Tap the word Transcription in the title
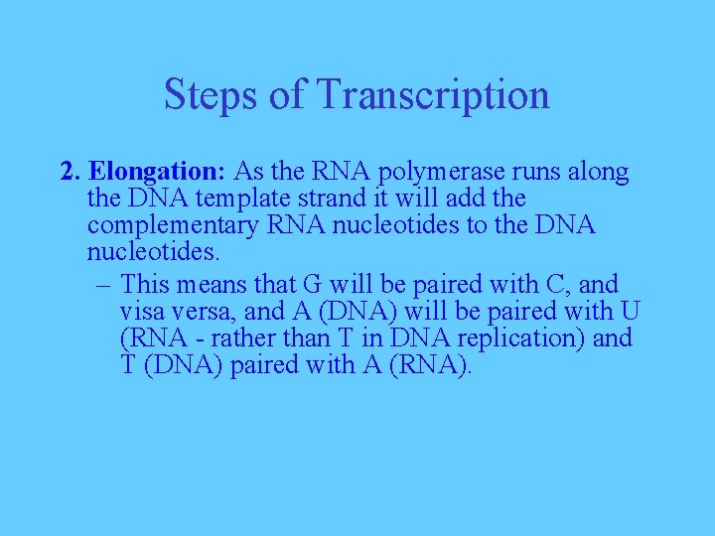[x=433, y=95]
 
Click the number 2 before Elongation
[x=68, y=172]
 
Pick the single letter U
[x=630, y=311]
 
